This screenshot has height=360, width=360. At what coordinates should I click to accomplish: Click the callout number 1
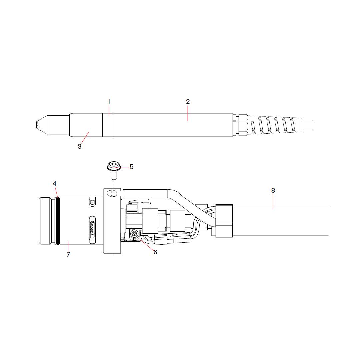(109, 101)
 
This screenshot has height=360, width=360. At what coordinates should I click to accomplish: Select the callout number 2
(188, 101)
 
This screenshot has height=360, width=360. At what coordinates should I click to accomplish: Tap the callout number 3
(79, 146)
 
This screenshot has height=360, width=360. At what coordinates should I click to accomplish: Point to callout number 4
(55, 183)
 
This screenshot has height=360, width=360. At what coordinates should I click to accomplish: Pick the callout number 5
(131, 167)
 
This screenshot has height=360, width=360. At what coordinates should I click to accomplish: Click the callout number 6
(155, 252)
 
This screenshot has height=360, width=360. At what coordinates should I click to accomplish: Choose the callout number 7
(68, 254)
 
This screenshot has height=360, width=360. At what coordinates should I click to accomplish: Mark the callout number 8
(273, 190)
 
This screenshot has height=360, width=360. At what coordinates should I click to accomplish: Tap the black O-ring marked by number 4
(58, 221)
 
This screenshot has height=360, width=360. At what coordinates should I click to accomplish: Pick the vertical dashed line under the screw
(114, 183)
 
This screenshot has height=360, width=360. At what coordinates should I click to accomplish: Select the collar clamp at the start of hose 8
(224, 221)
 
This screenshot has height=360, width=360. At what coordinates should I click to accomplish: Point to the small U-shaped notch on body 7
(92, 202)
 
